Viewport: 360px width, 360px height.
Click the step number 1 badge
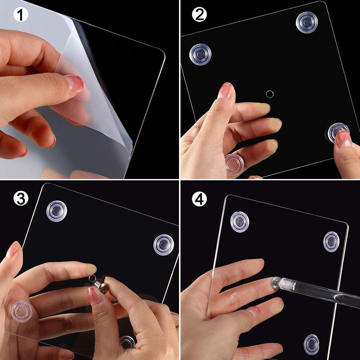(x=21, y=15)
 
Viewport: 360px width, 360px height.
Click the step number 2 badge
(x=199, y=14)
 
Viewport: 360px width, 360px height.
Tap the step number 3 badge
(x=21, y=199)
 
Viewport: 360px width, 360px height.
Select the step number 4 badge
(x=199, y=199)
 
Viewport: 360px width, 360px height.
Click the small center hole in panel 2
(x=270, y=94)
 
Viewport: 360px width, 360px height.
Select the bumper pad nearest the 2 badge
(x=200, y=54)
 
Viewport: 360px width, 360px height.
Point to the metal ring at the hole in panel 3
(x=92, y=278)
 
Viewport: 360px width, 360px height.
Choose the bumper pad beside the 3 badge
(x=57, y=211)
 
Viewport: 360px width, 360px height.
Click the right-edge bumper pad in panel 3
(x=164, y=245)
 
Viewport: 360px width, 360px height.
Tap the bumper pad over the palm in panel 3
(x=22, y=311)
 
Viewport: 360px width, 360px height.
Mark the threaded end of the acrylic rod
(x=287, y=284)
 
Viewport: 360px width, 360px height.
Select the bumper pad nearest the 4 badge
(x=240, y=222)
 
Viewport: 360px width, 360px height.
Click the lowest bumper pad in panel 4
(x=311, y=345)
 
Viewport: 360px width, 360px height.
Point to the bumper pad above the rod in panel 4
(x=331, y=242)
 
